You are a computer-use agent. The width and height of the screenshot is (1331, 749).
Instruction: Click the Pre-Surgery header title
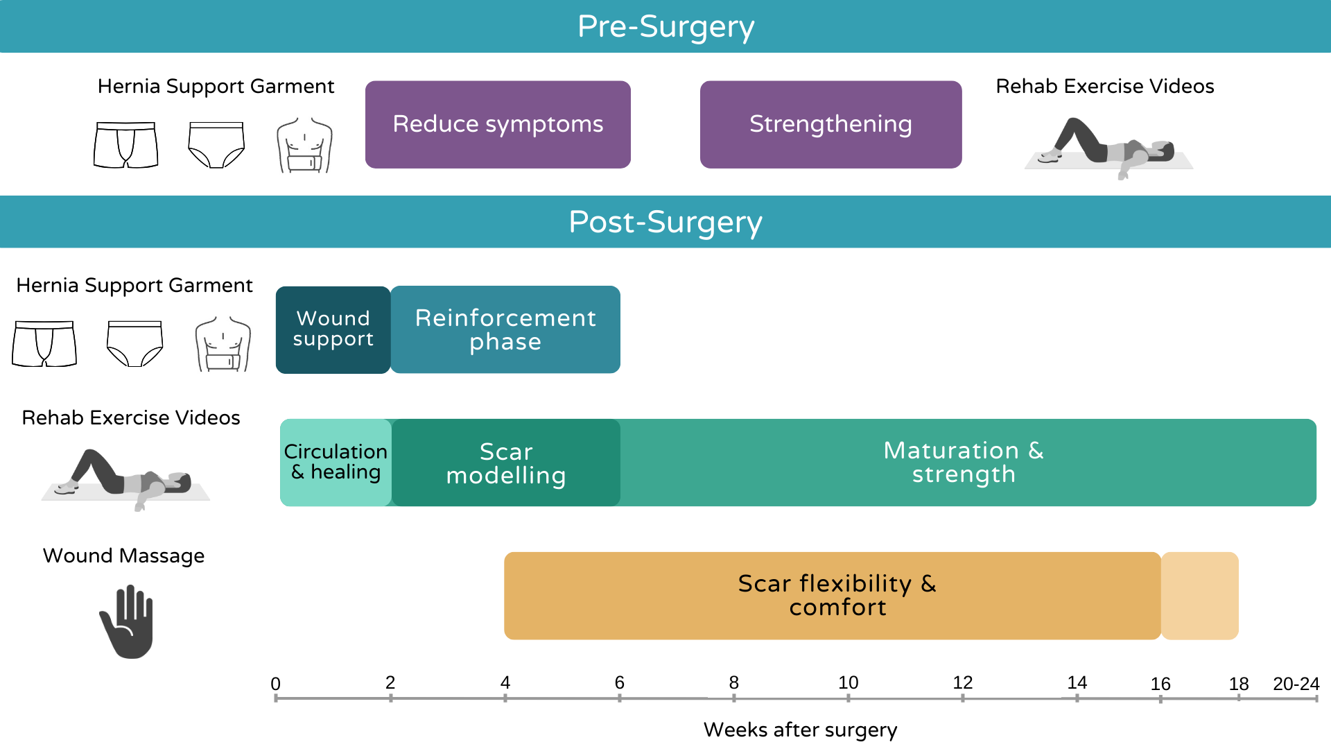point(665,26)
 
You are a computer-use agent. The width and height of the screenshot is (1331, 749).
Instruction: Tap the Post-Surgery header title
point(665,222)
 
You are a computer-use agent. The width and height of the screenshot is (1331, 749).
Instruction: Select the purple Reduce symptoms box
point(498,124)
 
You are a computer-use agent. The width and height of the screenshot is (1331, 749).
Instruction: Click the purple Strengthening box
point(830,124)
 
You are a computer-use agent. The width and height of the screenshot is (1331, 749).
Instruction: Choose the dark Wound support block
point(333,329)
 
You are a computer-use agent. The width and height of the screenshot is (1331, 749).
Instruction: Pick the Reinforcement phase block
point(505,329)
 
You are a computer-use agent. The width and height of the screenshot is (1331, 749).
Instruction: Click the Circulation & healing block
point(336,462)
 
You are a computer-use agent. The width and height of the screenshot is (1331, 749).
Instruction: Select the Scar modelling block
point(506,463)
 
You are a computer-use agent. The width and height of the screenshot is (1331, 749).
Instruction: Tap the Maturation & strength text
point(964,462)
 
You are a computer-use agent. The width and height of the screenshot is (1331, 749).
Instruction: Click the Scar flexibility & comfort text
point(837,595)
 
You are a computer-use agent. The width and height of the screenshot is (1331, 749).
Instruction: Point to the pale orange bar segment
point(1200,596)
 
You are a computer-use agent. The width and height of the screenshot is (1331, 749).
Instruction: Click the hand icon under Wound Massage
point(128,621)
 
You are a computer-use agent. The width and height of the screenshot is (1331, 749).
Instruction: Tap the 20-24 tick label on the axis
point(1296,684)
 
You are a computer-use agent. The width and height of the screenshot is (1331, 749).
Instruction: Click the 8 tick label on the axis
point(733,682)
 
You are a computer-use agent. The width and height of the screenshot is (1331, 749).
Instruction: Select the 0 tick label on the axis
point(275,684)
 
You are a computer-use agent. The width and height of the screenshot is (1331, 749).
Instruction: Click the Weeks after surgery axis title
point(800,730)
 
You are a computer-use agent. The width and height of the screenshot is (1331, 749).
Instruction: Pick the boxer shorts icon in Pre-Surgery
point(125,145)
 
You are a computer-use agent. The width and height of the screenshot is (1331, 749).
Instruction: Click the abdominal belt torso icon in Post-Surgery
point(223,345)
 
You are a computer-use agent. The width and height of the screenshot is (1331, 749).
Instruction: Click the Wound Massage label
point(123,556)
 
